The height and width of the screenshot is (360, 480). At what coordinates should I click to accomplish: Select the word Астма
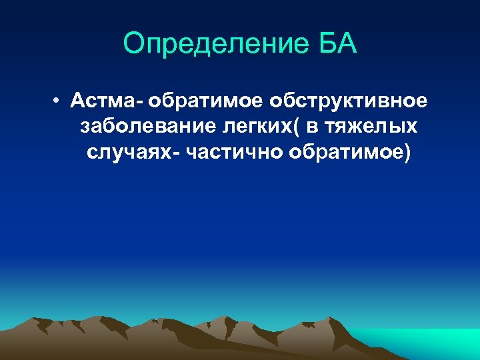click(103, 101)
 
